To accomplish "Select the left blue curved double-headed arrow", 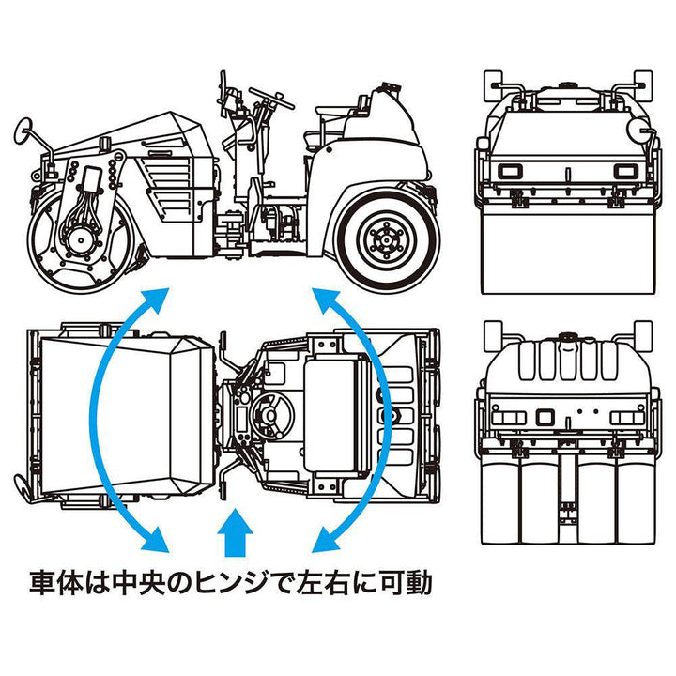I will (x=111, y=419).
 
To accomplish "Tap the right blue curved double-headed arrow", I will (x=358, y=419).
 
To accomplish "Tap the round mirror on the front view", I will (x=639, y=130).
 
